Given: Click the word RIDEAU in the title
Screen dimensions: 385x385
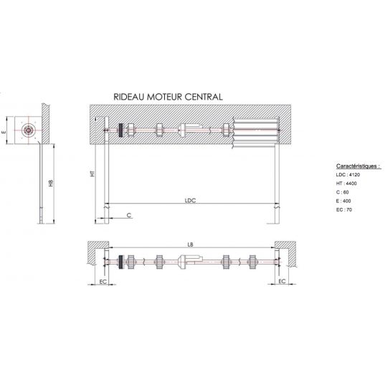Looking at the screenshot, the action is (129, 97).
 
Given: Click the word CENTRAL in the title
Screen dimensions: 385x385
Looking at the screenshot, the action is (204, 97).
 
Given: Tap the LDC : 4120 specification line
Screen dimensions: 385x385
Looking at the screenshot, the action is (348, 174).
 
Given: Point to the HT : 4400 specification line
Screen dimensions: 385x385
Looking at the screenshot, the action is (346, 184).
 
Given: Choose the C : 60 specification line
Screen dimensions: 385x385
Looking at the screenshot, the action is (342, 192).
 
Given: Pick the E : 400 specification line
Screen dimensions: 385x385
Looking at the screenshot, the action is (343, 201).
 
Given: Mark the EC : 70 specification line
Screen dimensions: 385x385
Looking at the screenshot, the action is (344, 209).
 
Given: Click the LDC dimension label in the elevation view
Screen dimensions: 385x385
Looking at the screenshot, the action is (190, 201).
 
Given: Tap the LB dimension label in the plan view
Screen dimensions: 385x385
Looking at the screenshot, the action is (190, 244).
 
